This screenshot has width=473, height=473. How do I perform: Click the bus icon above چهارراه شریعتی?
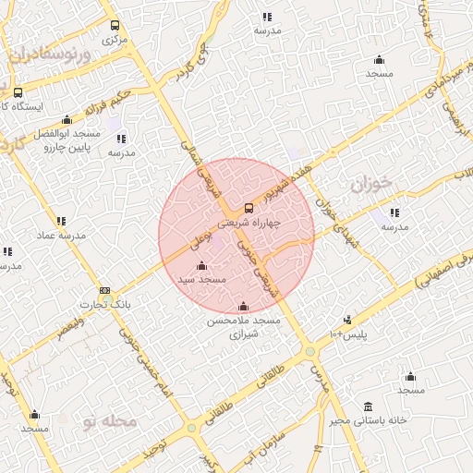tap(248, 208)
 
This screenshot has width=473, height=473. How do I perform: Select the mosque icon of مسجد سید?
tap(202, 266)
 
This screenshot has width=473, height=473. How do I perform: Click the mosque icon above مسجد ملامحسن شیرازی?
tap(243, 307)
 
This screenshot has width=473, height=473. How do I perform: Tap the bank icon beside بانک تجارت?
tap(104, 290)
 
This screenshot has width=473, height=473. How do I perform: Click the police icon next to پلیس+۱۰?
tap(346, 320)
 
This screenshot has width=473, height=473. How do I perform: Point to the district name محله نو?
tap(108, 421)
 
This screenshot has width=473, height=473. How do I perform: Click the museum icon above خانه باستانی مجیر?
tap(369, 406)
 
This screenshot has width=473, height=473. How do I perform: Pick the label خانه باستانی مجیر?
tap(372, 421)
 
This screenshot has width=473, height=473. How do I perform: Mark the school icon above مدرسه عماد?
tap(61, 221)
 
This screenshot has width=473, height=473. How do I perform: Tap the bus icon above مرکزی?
tap(115, 26)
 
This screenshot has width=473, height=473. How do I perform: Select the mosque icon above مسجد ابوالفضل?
tap(67, 120)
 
